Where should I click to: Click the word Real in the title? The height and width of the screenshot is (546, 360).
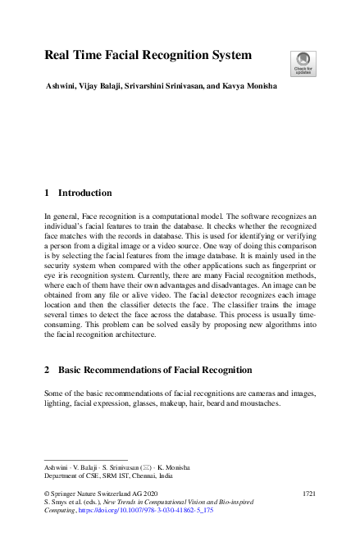(58, 56)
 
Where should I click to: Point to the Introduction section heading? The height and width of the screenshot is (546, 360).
(84, 193)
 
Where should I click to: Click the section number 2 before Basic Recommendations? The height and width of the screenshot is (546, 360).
(47, 371)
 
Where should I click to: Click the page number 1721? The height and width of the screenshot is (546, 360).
(309, 494)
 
